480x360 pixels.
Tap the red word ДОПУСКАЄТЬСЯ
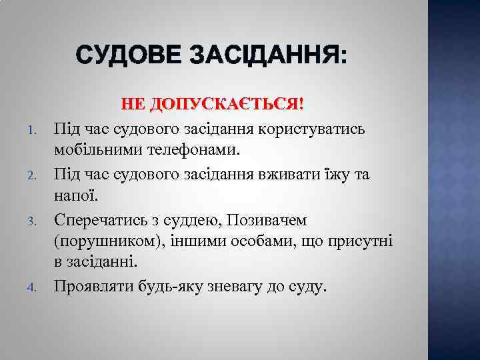coord(226,105)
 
